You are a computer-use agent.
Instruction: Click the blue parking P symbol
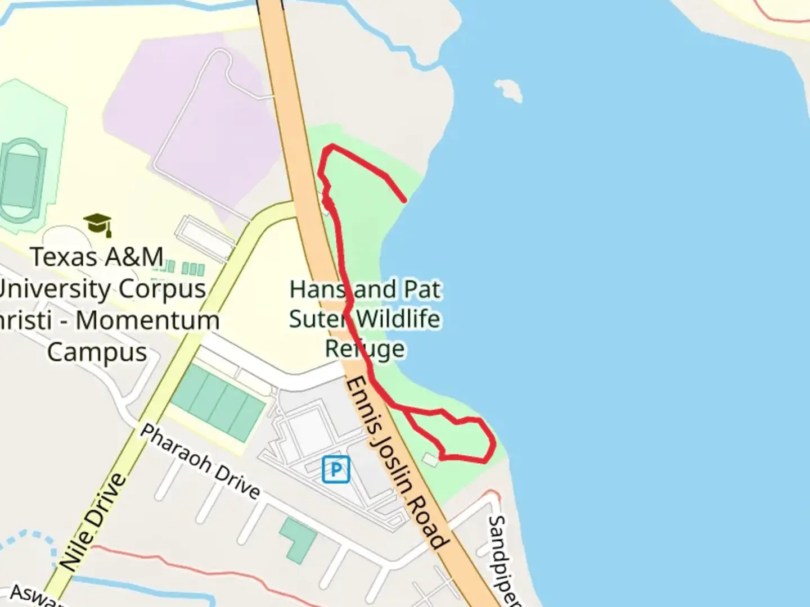point(336,469)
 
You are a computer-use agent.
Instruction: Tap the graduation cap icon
point(98,224)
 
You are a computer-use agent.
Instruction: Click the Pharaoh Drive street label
point(200,461)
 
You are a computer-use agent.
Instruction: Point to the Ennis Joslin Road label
point(397,464)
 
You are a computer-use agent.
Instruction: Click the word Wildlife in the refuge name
point(398,319)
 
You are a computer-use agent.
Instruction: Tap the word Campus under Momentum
point(97,352)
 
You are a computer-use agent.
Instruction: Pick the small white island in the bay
point(508,89)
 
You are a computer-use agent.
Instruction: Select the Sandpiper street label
point(502,559)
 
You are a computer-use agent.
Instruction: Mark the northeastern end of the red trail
point(404,200)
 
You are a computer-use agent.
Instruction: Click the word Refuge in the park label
point(364,349)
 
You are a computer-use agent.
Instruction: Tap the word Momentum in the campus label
point(147,321)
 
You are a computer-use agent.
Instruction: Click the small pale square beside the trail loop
point(430,460)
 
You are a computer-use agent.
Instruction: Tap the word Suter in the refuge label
point(318,319)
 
